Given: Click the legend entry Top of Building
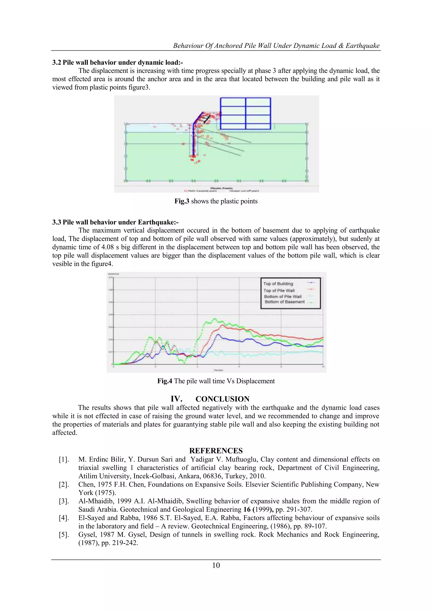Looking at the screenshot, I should (278, 284).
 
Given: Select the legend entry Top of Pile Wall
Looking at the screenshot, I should (279, 290).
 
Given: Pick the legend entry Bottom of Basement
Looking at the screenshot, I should (285, 302).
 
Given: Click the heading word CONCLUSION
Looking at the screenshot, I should (222, 399).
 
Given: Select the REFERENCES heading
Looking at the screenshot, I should (216, 450).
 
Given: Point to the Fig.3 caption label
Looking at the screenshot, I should (182, 201).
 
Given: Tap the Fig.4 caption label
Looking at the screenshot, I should (165, 381).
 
